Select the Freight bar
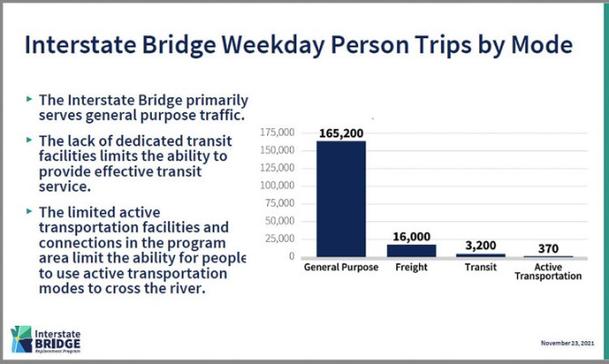[x=411, y=249]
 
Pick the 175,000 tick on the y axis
[x=276, y=133]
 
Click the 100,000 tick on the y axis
[x=276, y=186]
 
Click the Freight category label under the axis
[x=411, y=268]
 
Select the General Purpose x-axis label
[x=341, y=268]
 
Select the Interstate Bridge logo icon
[x=19, y=339]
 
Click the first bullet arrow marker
[x=29, y=97]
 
